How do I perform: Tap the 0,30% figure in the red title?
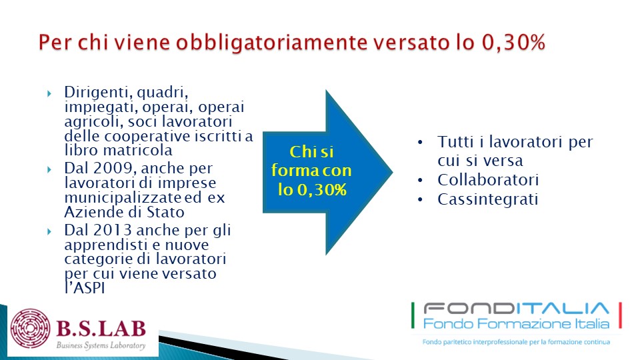(513, 43)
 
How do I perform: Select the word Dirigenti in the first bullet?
(96, 93)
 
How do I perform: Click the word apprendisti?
(106, 245)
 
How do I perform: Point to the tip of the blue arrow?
(392, 172)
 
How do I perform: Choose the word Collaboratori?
(488, 180)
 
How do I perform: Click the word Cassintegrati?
(488, 199)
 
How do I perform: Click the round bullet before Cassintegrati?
(421, 200)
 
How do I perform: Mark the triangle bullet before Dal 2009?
(49, 169)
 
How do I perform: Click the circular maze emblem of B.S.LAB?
(30, 329)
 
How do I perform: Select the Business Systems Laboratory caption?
(101, 345)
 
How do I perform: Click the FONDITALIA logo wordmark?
(516, 308)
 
